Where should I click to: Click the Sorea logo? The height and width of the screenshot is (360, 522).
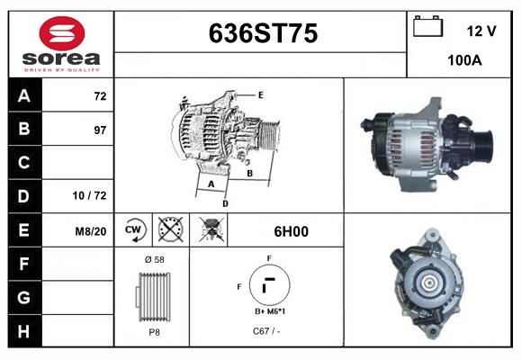pos(58,42)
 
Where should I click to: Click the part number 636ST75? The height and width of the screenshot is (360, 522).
pos(263,34)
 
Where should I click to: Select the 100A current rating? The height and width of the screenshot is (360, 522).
pos(465,60)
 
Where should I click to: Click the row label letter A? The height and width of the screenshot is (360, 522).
pos(23,95)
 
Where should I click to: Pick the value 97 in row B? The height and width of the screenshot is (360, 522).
pos(100,130)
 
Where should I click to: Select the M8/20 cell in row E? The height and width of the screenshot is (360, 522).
pos(91,231)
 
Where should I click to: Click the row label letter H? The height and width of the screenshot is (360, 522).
pos(23,330)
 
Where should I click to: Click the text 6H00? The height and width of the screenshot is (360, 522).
pos(291,231)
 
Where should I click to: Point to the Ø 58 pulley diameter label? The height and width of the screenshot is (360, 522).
pos(154,259)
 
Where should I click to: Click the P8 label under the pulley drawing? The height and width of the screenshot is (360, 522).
pos(154,332)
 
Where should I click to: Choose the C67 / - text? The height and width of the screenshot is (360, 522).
pos(267,332)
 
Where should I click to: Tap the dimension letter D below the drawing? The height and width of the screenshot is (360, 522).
pos(225,204)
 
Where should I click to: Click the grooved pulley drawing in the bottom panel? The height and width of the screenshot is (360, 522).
pos(153,296)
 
